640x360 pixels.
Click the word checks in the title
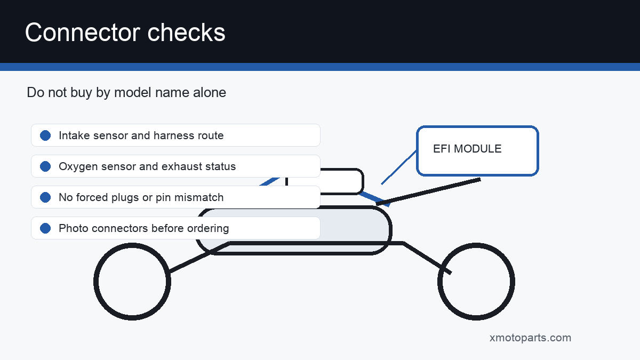[x=186, y=33]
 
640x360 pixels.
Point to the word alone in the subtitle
[x=210, y=92]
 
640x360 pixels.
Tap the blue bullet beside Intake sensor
[x=45, y=135]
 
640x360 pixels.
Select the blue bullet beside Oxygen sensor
[x=45, y=166]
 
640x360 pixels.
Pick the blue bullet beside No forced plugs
[x=45, y=197]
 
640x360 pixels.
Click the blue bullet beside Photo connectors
[x=45, y=228]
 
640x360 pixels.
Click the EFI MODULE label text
[x=467, y=149]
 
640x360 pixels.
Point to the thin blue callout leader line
[x=399, y=167]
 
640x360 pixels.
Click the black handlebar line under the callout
[x=428, y=191]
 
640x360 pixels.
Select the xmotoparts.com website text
[x=530, y=338]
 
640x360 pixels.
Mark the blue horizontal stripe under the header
[x=320, y=67]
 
